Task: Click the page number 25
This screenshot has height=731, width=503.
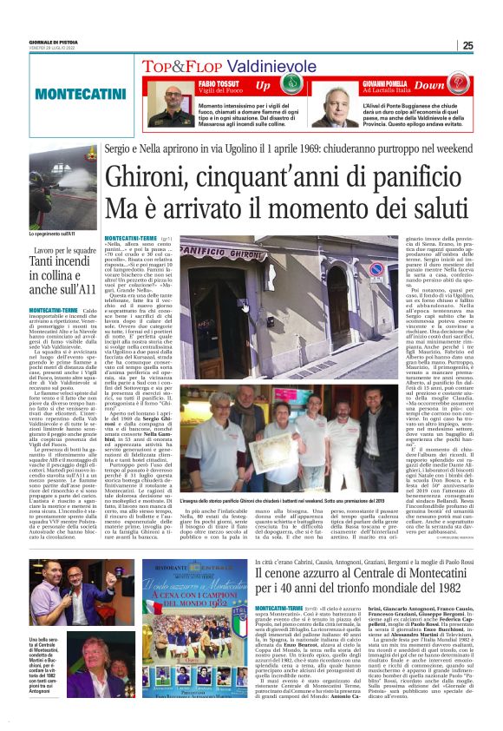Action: tap(491, 46)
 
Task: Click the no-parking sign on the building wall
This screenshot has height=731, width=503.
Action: tap(375, 268)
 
